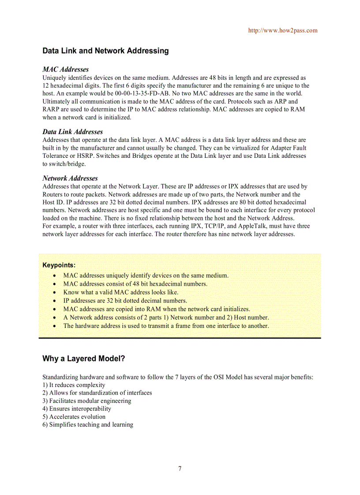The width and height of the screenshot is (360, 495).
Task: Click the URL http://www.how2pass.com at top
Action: click(x=282, y=30)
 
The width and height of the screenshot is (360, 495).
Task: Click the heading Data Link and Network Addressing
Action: click(x=105, y=51)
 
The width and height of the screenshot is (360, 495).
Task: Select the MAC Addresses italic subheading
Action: click(x=65, y=69)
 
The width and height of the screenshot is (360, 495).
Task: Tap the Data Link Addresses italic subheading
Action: click(x=72, y=132)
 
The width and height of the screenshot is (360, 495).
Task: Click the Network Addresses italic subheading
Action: click(x=70, y=178)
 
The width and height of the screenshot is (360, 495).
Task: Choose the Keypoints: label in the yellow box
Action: click(x=59, y=265)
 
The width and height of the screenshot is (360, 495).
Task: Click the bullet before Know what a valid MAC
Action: click(x=54, y=292)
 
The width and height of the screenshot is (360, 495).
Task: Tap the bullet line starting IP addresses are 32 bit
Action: click(x=125, y=301)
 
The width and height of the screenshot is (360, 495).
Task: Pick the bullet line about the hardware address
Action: click(x=166, y=326)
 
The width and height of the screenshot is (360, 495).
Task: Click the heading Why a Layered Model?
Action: click(x=84, y=358)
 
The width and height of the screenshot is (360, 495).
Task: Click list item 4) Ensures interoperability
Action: click(x=77, y=409)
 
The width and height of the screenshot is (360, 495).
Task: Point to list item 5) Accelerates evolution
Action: click(x=74, y=417)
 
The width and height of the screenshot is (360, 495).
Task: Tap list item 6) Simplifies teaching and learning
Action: click(x=88, y=424)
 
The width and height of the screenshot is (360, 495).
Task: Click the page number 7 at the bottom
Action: click(x=180, y=469)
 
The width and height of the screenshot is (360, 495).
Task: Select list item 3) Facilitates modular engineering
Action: click(x=86, y=401)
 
